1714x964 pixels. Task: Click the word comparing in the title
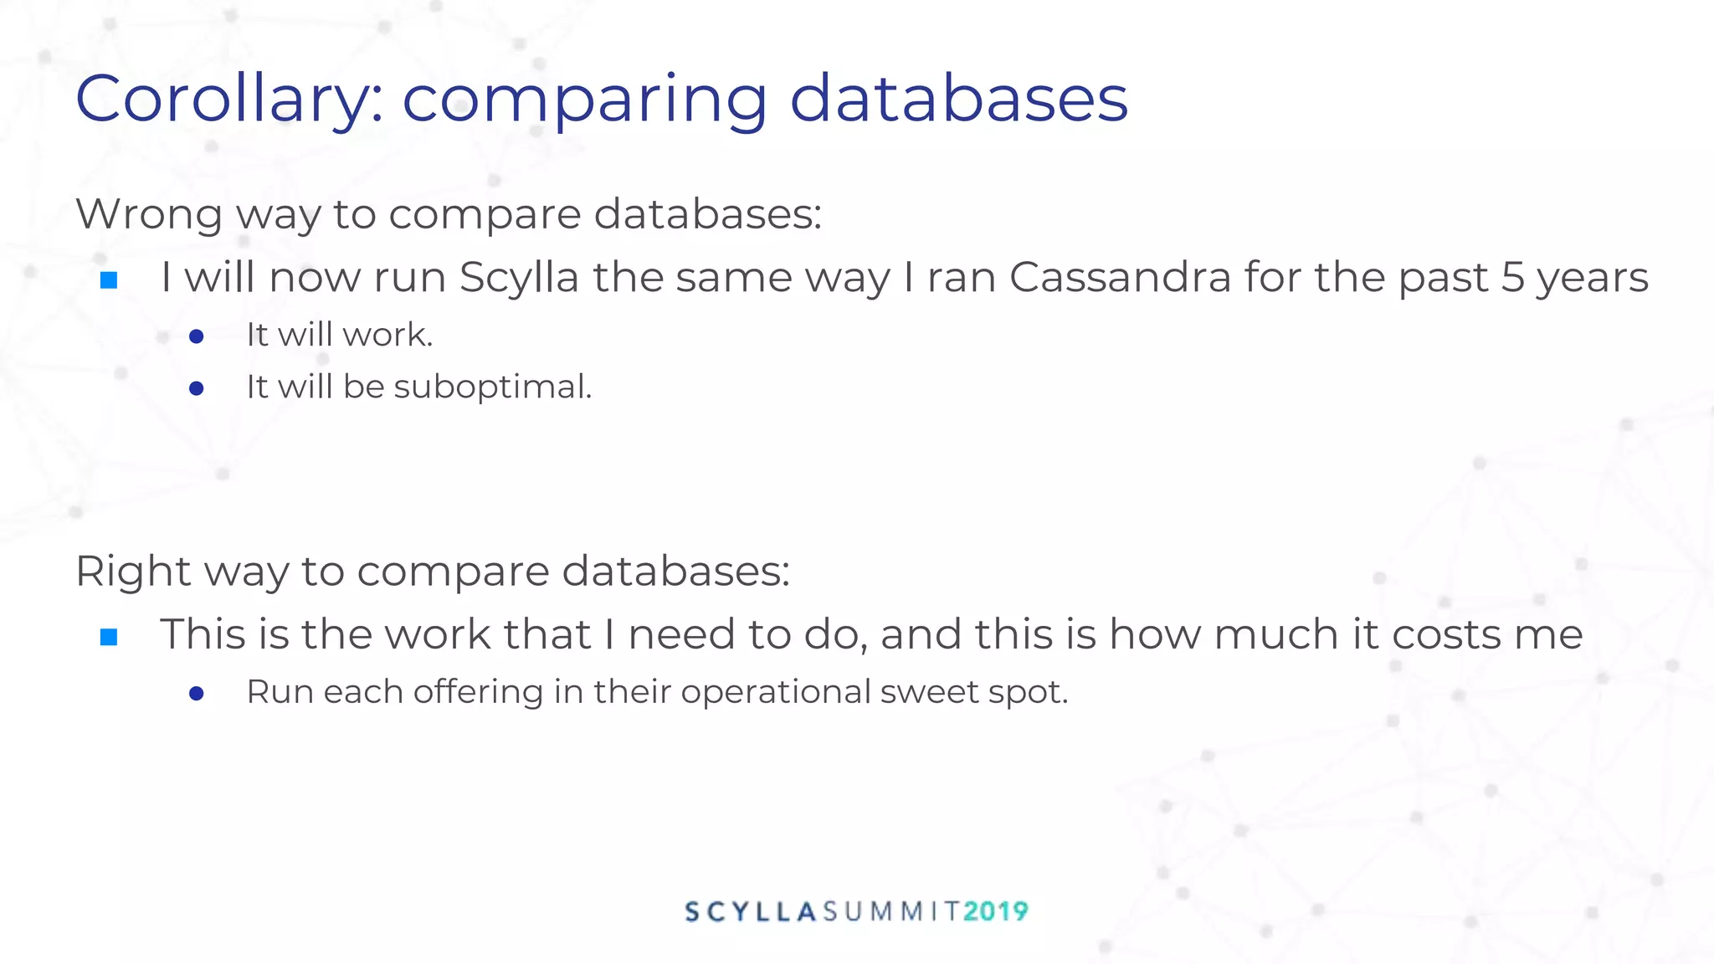point(583,100)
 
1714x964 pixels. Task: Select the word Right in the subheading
point(133,572)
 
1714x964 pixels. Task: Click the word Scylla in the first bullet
point(518,278)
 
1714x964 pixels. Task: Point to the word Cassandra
point(1120,278)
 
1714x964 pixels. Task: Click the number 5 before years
point(1512,278)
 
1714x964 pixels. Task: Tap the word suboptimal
point(492,387)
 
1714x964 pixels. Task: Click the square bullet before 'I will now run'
point(109,280)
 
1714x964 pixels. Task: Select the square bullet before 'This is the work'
point(109,638)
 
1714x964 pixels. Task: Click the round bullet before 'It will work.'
point(197,336)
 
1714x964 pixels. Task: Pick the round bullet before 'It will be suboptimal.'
point(197,388)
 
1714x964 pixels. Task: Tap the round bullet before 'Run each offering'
point(197,694)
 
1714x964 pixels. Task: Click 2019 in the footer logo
point(995,911)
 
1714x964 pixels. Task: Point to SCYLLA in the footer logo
point(751,911)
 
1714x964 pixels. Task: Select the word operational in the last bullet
point(776,693)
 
